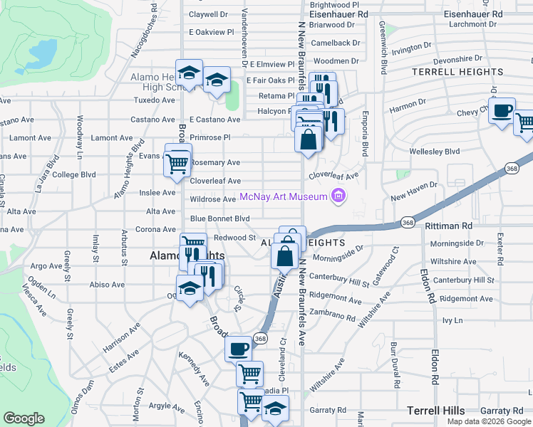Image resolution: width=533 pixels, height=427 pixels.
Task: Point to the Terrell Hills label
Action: click(435, 411)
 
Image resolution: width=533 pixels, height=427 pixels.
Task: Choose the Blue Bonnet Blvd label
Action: click(219, 218)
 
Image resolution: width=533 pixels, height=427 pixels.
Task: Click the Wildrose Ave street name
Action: click(212, 200)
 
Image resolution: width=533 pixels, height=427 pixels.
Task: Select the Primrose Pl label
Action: click(210, 137)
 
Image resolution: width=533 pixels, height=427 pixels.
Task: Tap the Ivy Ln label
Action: click(452, 321)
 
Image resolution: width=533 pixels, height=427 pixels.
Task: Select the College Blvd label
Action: click(74, 174)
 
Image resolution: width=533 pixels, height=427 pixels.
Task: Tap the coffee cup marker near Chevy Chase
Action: click(502, 111)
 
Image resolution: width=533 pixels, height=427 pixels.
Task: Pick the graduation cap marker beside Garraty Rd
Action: click(275, 408)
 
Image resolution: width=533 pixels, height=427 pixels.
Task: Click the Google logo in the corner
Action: click(24, 418)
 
